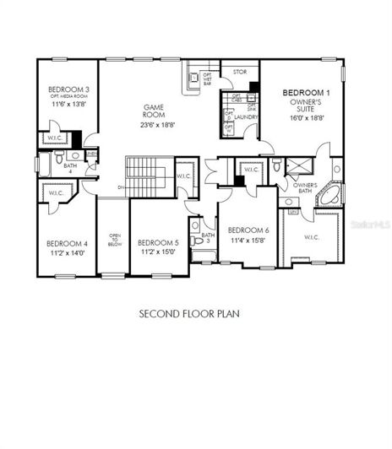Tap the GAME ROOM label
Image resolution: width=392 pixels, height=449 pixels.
[x=153, y=111]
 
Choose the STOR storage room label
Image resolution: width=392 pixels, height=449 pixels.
[x=240, y=73]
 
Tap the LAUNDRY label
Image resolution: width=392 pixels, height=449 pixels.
[x=246, y=116]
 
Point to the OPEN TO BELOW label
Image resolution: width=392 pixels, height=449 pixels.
[x=113, y=241]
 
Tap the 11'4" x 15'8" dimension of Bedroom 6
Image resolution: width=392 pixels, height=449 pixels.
[x=248, y=240]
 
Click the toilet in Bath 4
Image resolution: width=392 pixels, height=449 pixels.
[x=57, y=158]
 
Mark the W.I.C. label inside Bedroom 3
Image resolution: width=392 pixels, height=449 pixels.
[x=51, y=138]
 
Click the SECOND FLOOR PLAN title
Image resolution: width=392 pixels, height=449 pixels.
[x=189, y=313]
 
